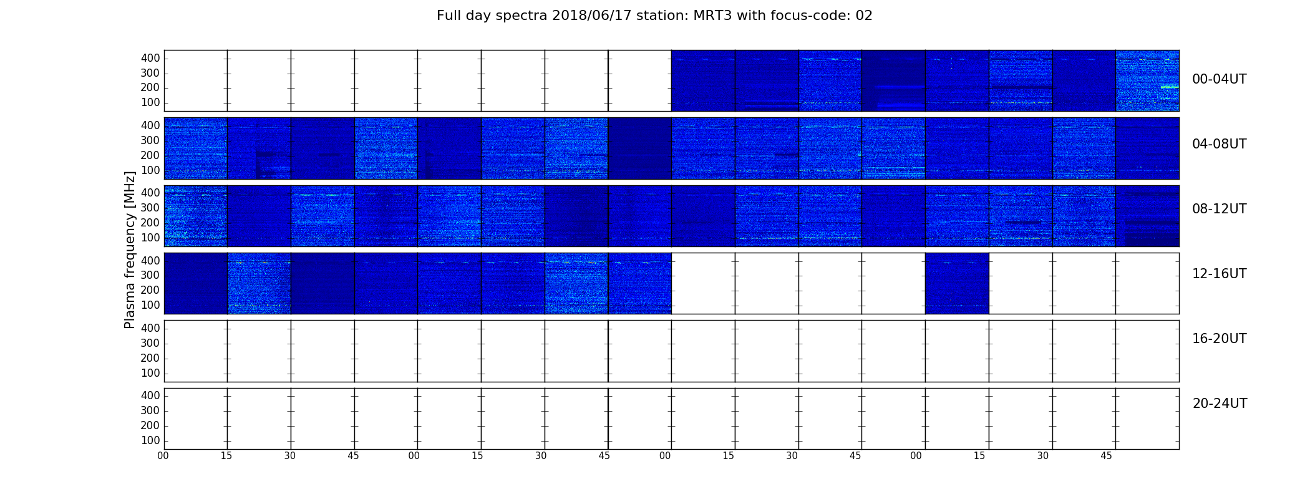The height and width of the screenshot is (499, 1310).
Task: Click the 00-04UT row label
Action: [x=1219, y=79]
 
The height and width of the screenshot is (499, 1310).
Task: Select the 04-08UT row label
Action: [x=1219, y=144]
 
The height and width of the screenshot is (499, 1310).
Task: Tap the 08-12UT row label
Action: [x=1219, y=209]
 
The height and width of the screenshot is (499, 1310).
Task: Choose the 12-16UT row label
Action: [x=1219, y=274]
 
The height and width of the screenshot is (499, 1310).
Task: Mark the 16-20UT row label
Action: [x=1219, y=339]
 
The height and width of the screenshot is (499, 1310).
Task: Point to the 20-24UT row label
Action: [x=1220, y=404]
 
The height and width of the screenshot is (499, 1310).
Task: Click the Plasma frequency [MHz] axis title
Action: [x=130, y=249]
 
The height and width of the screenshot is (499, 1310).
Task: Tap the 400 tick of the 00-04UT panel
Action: [x=150, y=58]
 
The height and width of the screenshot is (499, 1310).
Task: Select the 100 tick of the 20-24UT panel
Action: [x=150, y=440]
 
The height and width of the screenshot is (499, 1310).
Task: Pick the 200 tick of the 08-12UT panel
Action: [x=150, y=223]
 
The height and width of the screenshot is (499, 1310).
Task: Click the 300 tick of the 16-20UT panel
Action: [x=150, y=343]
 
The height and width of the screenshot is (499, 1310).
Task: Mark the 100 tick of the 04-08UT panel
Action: [x=150, y=170]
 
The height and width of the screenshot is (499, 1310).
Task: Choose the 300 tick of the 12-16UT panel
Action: [x=150, y=275]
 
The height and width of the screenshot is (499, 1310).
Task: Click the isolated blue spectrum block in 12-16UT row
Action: [x=957, y=283]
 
